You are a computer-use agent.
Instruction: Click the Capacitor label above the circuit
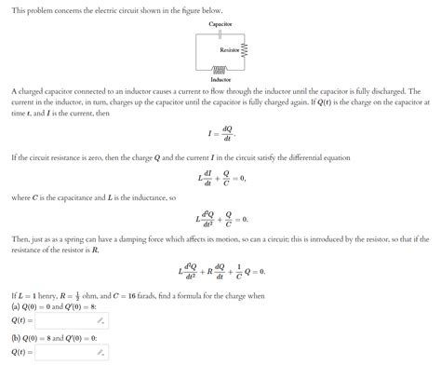click(220, 20)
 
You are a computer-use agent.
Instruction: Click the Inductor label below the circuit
click(220, 79)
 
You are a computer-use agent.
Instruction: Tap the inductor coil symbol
click(220, 68)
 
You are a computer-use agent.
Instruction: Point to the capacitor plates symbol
click(220, 31)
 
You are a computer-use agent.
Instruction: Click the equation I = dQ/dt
click(220, 135)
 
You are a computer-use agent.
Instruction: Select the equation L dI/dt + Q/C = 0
click(220, 177)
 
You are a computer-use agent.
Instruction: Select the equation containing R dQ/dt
click(220, 272)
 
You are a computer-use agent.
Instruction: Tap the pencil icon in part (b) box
click(101, 353)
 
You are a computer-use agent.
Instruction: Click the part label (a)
click(17, 306)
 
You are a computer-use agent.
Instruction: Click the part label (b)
click(17, 338)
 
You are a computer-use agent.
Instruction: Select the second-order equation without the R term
click(220, 220)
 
